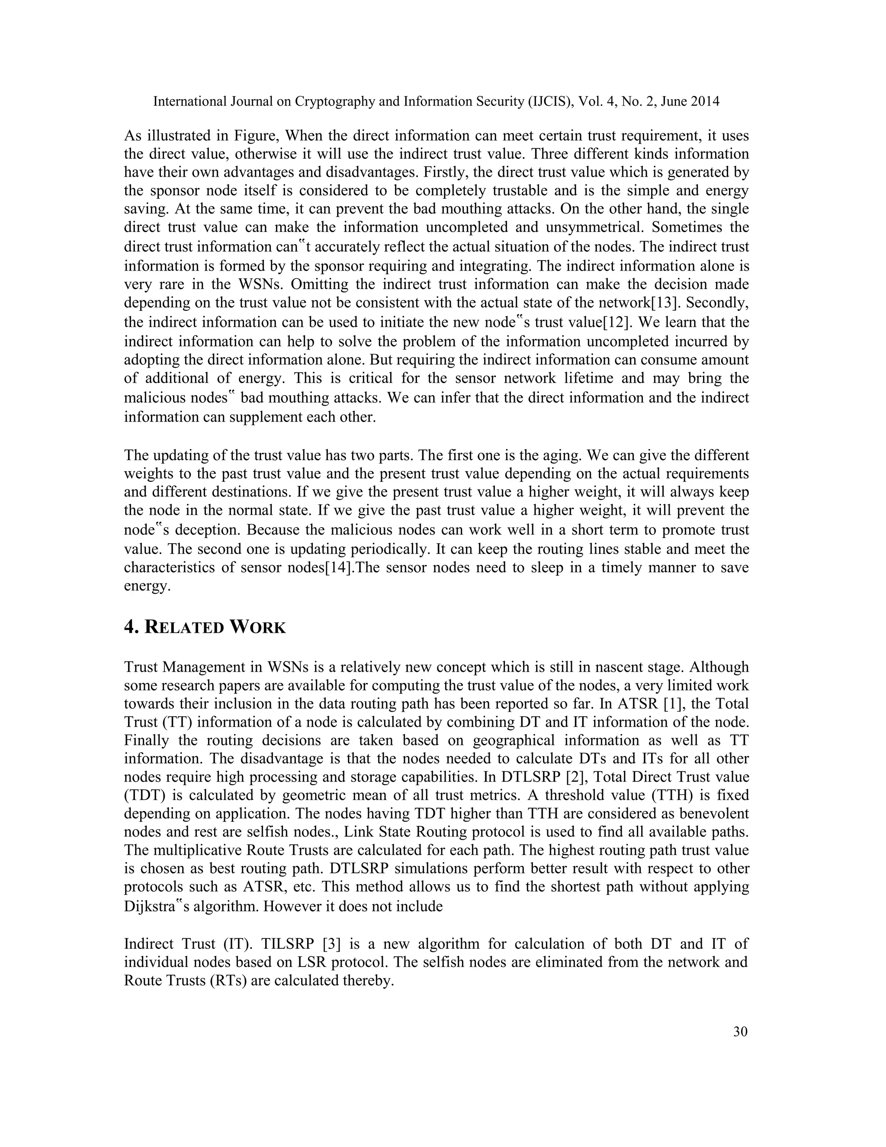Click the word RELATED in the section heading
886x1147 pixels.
184,627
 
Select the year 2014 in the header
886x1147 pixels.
704,101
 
